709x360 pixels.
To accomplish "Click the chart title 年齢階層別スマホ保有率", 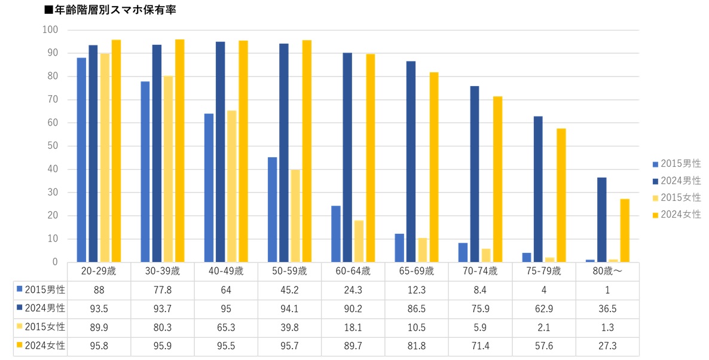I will (x=111, y=10).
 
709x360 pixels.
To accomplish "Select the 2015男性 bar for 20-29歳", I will (x=81, y=160).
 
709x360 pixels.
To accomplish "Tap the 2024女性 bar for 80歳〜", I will (x=625, y=230).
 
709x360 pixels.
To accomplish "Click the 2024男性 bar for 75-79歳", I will (x=538, y=189).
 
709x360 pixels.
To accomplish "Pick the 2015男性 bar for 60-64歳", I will (x=336, y=234).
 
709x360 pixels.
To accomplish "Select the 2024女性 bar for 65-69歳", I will (x=434, y=167).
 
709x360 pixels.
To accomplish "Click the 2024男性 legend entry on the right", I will (x=677, y=181).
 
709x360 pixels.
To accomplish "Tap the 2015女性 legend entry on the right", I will (x=677, y=197).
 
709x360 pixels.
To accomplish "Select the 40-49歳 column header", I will (x=226, y=271).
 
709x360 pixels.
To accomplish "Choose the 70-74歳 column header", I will (x=480, y=271).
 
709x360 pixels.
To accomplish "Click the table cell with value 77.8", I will (x=163, y=290).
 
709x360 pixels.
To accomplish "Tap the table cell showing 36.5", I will (x=607, y=309).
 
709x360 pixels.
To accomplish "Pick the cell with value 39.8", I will (x=289, y=327).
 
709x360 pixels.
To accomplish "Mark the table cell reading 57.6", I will (x=544, y=346).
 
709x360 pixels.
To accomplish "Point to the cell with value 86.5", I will (x=417, y=309).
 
